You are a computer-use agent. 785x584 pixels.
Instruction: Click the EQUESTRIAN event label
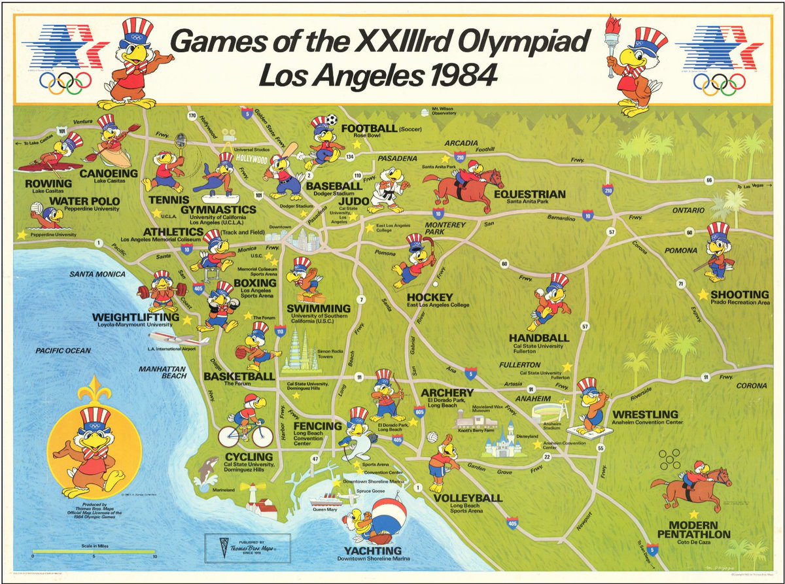click(x=530, y=194)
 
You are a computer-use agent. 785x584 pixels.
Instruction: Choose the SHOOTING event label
click(x=740, y=294)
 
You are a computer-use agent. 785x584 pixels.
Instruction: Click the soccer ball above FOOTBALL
click(x=332, y=120)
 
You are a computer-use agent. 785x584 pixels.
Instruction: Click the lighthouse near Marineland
click(x=252, y=498)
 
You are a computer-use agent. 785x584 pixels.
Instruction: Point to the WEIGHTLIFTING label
click(x=135, y=317)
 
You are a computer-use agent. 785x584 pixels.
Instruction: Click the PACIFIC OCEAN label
click(x=63, y=351)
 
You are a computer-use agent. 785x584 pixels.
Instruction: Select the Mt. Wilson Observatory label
click(x=444, y=111)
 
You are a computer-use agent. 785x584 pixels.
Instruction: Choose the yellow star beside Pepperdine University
click(x=22, y=234)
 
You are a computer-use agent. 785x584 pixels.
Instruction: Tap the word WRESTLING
click(x=645, y=414)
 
